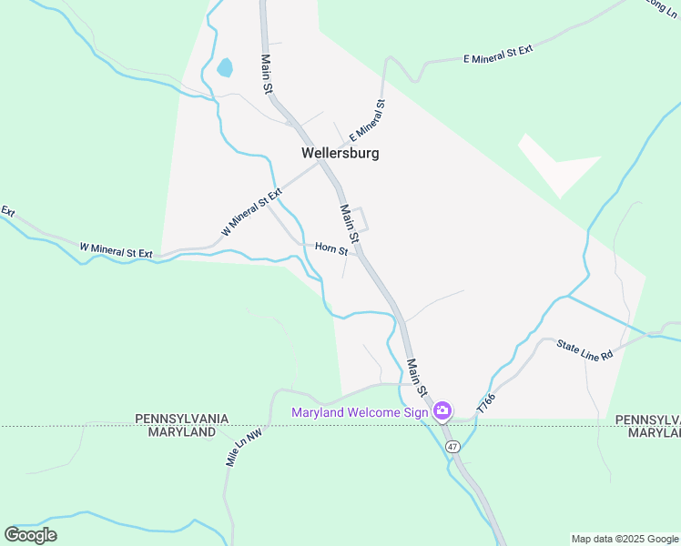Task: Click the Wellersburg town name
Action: tap(340, 153)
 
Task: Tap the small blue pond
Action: tap(224, 67)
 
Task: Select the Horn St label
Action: tap(331, 248)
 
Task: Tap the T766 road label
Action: tap(486, 402)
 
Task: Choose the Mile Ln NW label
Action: tap(244, 448)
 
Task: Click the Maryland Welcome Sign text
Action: tap(360, 412)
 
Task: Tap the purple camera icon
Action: tap(442, 411)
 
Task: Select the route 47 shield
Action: tap(452, 447)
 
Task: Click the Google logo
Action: tap(30, 535)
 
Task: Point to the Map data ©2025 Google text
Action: tap(625, 539)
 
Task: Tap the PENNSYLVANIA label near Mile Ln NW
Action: tap(182, 419)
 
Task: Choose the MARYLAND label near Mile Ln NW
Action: tap(182, 431)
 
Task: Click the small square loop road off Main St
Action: tap(361, 218)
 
